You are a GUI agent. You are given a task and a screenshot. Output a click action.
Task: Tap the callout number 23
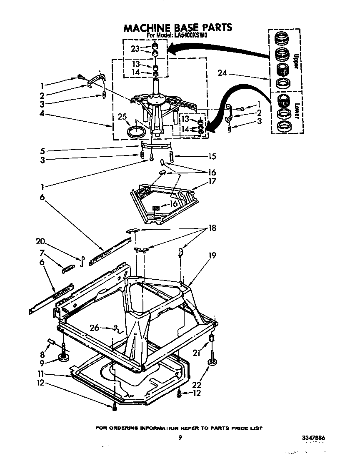click(135, 49)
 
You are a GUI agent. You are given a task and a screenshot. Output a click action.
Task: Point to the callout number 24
click(222, 74)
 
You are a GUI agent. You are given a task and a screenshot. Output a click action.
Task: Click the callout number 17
click(212, 182)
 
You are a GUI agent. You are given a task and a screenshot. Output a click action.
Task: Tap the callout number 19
click(212, 255)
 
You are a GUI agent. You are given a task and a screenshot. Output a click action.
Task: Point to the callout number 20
click(40, 241)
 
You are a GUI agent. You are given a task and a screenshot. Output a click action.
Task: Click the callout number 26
click(95, 328)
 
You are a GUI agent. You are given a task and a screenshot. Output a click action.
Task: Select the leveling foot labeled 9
click(64, 357)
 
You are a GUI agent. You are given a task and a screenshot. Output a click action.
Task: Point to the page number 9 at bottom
click(180, 437)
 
